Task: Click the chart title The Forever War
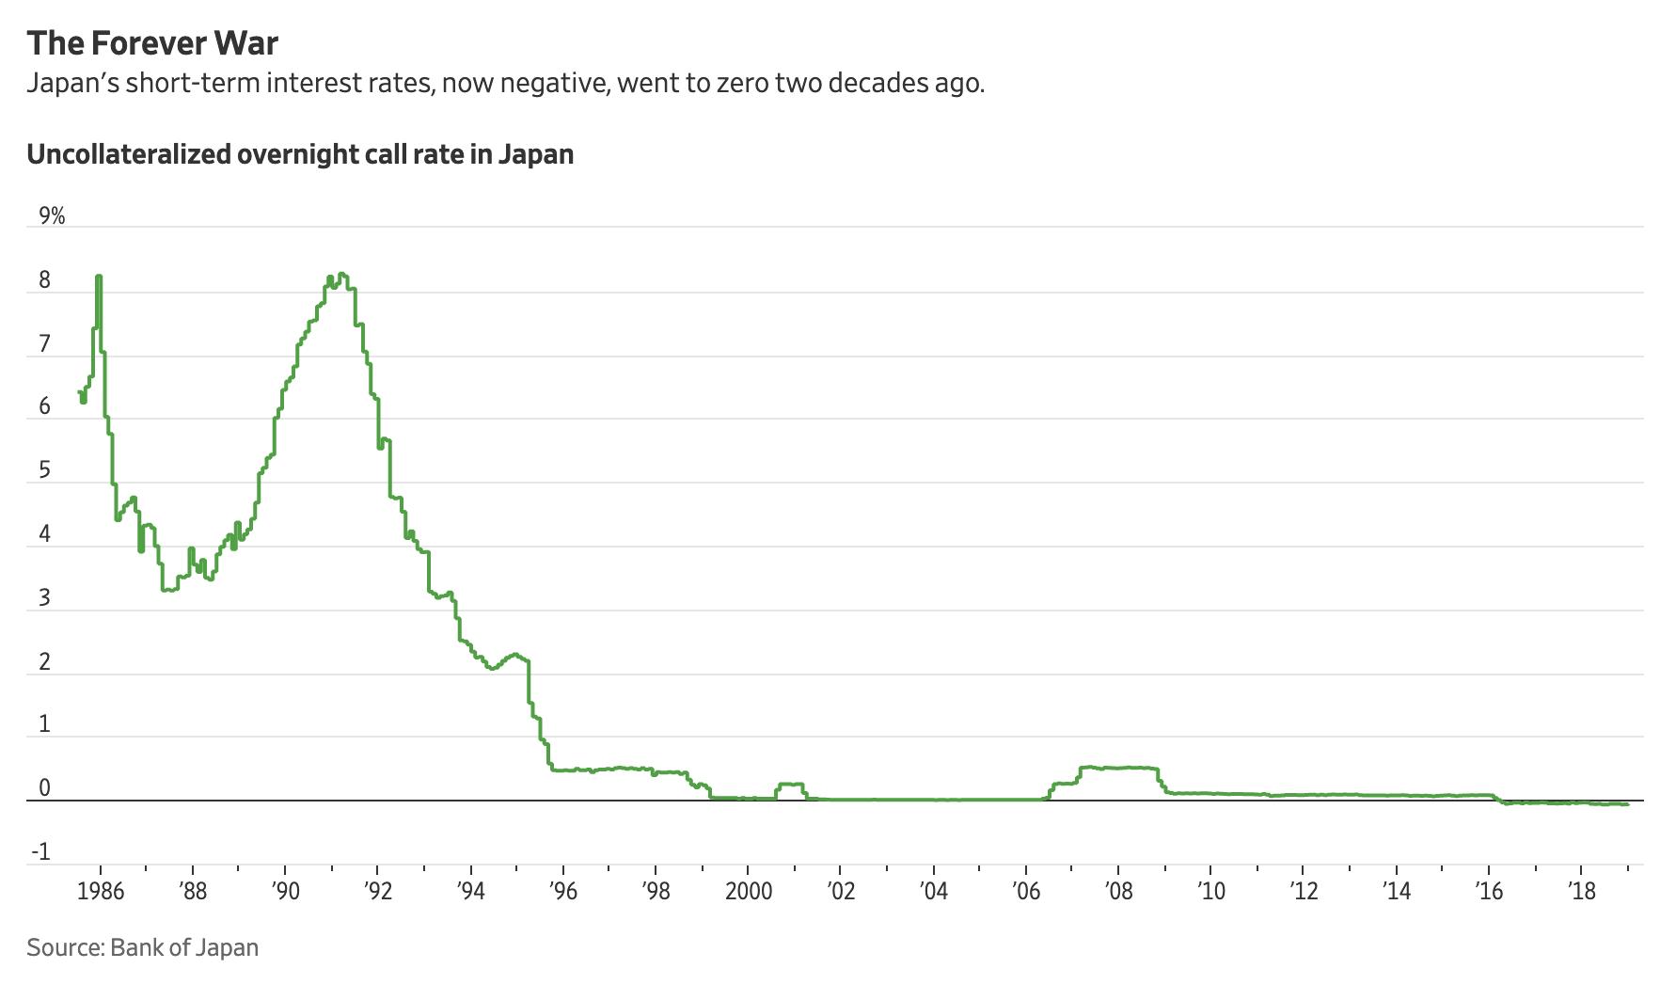click(152, 43)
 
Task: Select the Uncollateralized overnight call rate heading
click(300, 154)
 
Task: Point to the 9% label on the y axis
click(52, 216)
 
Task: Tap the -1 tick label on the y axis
click(40, 853)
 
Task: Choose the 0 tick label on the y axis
click(44, 789)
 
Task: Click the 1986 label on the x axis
click(100, 891)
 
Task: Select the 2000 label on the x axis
click(749, 891)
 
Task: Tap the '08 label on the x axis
click(1118, 891)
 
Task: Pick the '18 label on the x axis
click(1582, 891)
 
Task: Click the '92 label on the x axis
click(377, 891)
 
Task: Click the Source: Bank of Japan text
click(142, 946)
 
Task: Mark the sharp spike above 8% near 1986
click(99, 278)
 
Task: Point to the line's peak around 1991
click(342, 275)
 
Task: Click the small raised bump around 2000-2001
click(790, 785)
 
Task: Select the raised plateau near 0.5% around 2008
click(1119, 768)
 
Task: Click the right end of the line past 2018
click(1626, 803)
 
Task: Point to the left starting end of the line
click(79, 391)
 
